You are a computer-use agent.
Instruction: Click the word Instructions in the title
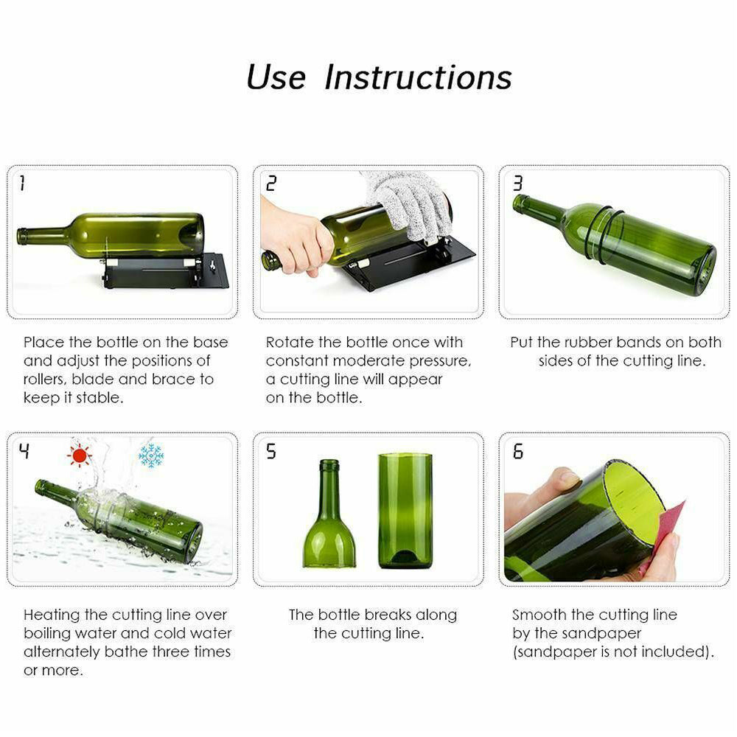[418, 77]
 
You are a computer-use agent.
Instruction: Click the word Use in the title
[276, 77]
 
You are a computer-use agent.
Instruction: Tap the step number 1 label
[22, 183]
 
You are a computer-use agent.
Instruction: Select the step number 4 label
[24, 450]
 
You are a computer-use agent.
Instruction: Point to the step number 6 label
[517, 451]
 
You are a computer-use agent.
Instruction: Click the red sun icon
[79, 455]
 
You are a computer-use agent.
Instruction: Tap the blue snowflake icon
[151, 455]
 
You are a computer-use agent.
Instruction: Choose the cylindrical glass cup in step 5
[405, 511]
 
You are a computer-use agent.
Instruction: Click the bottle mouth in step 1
[21, 236]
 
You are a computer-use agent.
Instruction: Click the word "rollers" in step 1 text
[45, 379]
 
